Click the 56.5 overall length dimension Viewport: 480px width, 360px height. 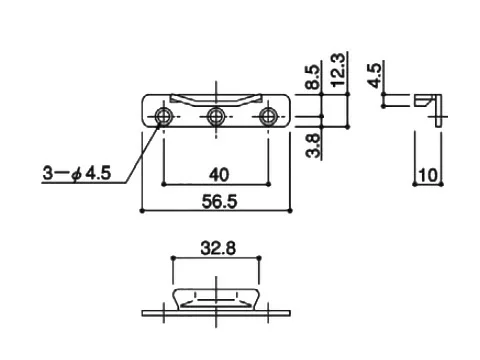(219, 202)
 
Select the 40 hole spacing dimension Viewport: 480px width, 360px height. (219, 175)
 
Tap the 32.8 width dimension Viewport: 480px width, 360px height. (218, 248)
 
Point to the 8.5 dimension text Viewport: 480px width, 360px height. (313, 77)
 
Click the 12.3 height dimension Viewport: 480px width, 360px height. (338, 70)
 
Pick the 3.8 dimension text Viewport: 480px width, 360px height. (313, 145)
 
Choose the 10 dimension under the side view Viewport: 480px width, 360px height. (428, 175)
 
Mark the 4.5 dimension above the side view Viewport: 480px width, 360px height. (375, 75)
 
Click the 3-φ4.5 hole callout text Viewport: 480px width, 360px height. (77, 173)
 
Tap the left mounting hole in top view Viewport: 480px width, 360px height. (163, 117)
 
